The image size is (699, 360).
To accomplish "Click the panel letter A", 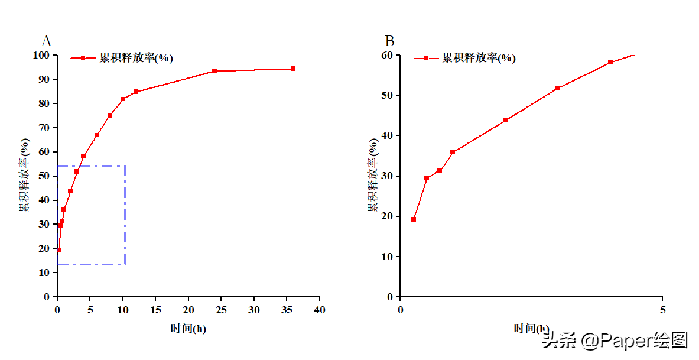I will click(46, 41).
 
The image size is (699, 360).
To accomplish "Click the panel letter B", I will click(389, 41).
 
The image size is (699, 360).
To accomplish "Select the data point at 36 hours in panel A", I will click(293, 69).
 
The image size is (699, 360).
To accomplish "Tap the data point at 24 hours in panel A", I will click(214, 71).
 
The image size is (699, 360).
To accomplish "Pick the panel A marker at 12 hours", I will click(136, 92).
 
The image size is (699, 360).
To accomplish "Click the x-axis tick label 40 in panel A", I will click(320, 310).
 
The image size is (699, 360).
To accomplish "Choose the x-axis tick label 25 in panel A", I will click(222, 310).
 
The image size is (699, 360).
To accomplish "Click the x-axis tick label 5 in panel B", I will click(662, 310).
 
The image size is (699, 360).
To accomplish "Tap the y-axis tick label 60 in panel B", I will click(387, 56).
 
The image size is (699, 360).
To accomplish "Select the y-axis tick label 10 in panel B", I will click(387, 257).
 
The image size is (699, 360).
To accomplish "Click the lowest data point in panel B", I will click(414, 219).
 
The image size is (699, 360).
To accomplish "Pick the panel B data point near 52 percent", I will click(558, 88).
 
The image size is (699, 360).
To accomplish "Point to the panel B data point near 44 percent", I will click(505, 121).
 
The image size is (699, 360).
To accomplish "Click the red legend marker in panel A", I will click(83, 58).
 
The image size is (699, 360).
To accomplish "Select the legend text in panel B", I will click(479, 58).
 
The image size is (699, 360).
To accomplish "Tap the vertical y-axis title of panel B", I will click(373, 176).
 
